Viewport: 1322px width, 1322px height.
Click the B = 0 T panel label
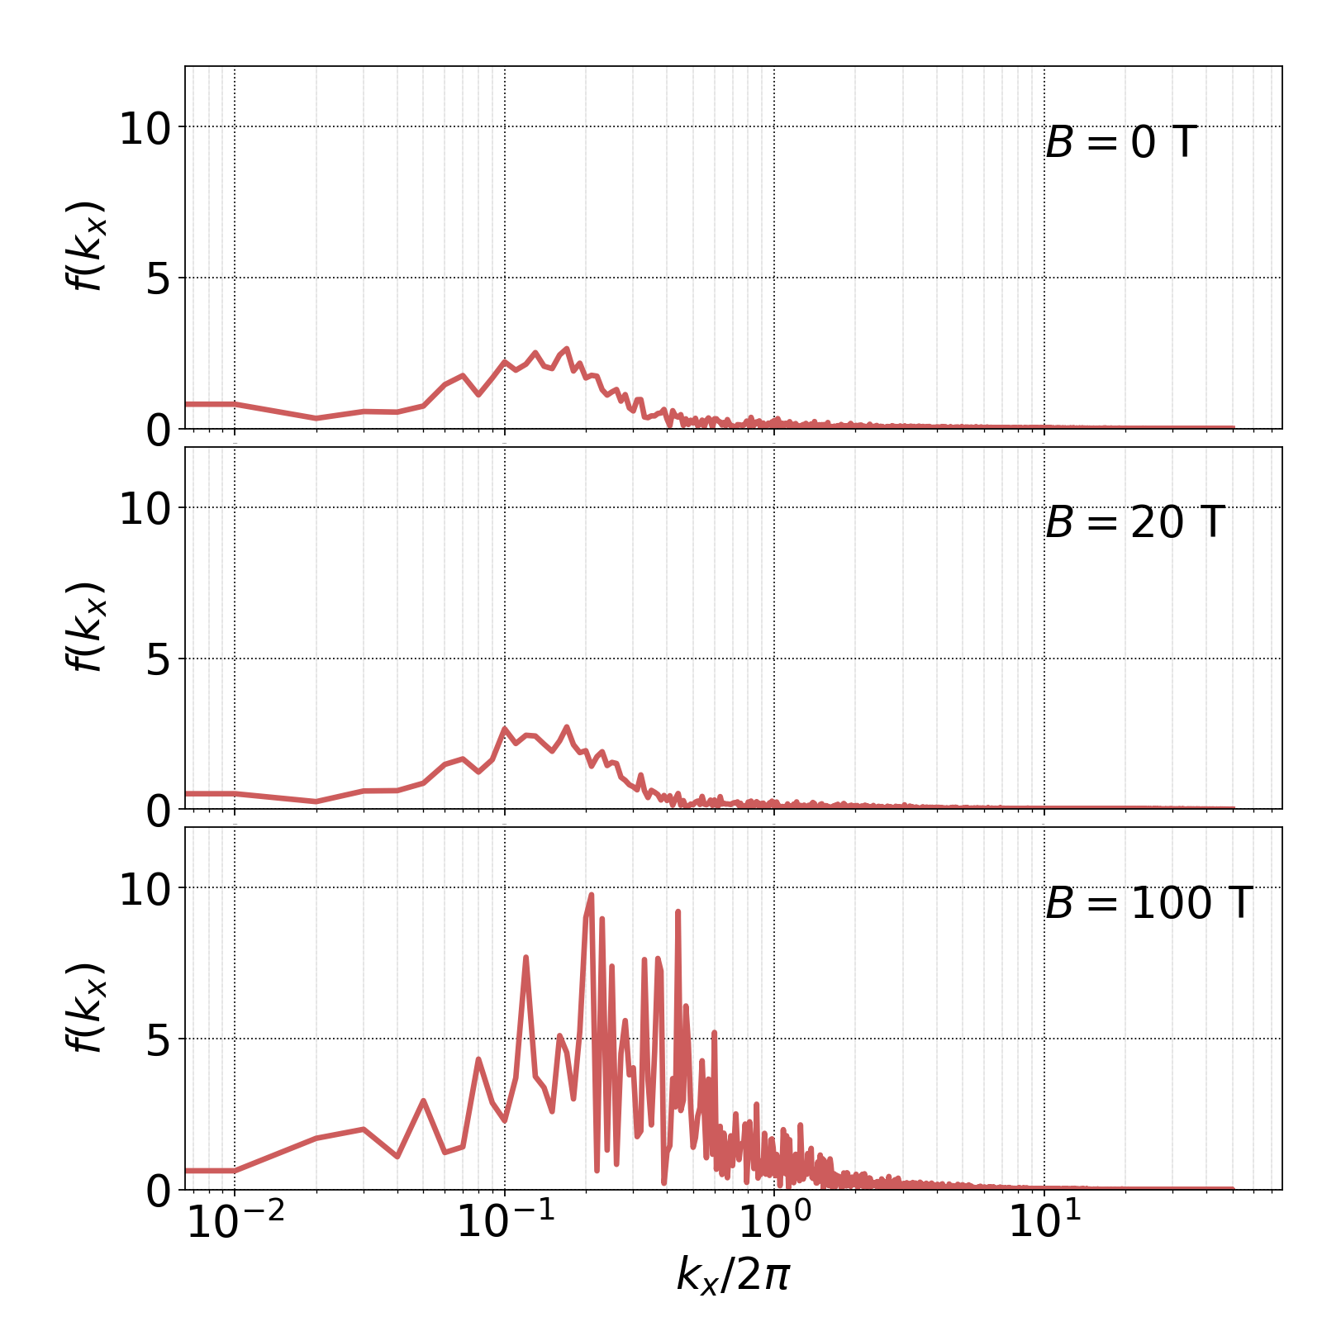(x=1120, y=143)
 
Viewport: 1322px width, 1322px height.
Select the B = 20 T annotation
(x=1134, y=523)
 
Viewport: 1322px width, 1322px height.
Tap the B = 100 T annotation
(x=1148, y=903)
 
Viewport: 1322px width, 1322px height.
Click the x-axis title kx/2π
(x=733, y=1275)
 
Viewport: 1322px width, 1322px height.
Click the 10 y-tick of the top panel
(x=145, y=130)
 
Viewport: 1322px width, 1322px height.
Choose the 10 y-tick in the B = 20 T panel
(x=145, y=510)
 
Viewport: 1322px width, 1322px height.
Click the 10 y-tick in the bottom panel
(x=145, y=890)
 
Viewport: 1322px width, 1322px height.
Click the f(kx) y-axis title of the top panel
(x=85, y=246)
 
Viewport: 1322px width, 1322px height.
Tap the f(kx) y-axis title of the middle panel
(x=85, y=627)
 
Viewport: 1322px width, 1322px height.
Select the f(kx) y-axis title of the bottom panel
(x=85, y=1007)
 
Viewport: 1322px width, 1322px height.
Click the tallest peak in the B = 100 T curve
(x=591, y=895)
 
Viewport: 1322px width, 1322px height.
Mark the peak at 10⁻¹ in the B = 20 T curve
(x=505, y=729)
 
